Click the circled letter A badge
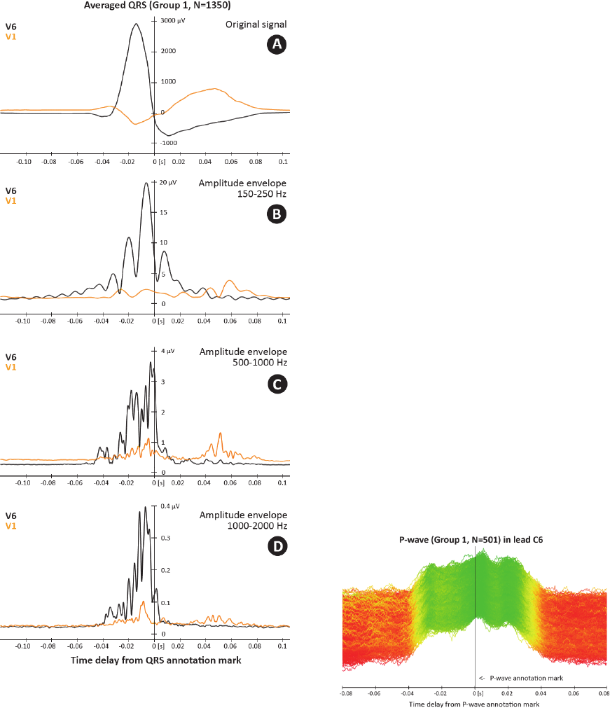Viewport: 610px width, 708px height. pyautogui.click(x=277, y=45)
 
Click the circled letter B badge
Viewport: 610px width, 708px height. pyautogui.click(x=277, y=214)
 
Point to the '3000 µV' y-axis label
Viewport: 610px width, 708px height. pyautogui.click(x=172, y=21)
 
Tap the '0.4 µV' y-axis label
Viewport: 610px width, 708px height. pyautogui.click(x=170, y=506)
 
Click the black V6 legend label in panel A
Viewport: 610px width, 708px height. pyautogui.click(x=11, y=27)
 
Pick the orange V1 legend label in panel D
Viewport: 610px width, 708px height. pyautogui.click(x=11, y=524)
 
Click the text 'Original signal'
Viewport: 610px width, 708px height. pyautogui.click(x=256, y=25)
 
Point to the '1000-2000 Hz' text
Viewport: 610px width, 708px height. pyautogui.click(x=259, y=525)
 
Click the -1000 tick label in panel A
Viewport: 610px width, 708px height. pyautogui.click(x=169, y=142)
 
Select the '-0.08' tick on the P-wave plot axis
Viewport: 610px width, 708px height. pyautogui.click(x=345, y=693)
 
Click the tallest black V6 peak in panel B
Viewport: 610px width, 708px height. pyautogui.click(x=146, y=183)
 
